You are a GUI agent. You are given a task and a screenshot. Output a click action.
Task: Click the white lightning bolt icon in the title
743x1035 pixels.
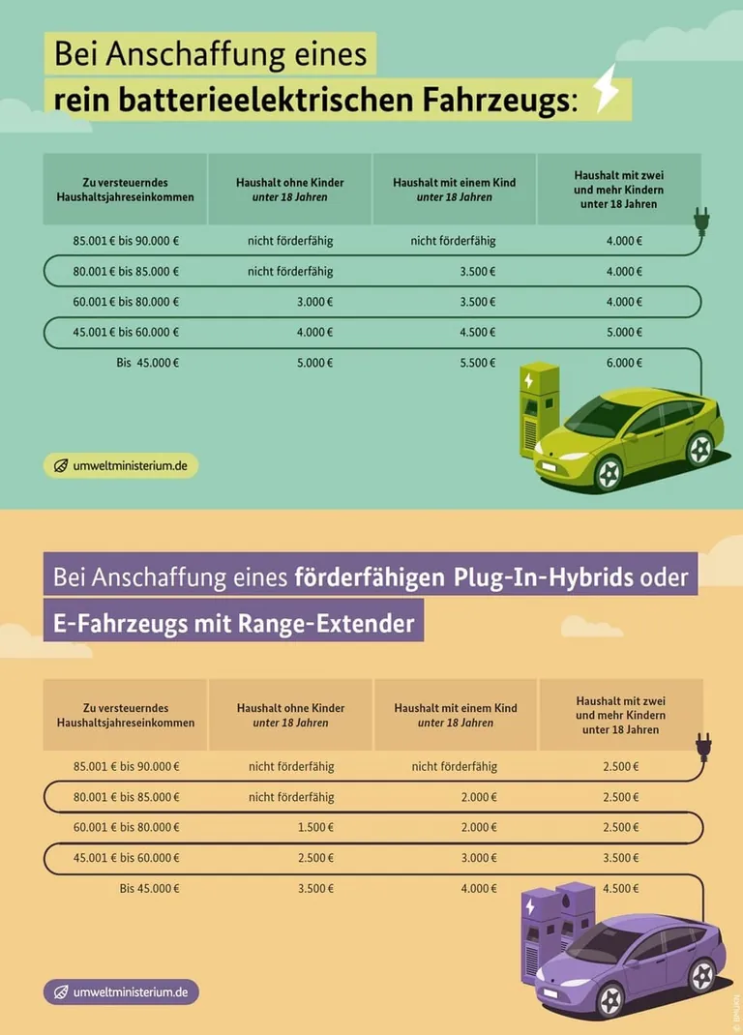click(x=607, y=89)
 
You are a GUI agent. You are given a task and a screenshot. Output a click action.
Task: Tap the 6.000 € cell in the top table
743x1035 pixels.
click(x=624, y=363)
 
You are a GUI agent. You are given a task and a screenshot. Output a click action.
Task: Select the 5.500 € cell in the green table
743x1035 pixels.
click(x=478, y=363)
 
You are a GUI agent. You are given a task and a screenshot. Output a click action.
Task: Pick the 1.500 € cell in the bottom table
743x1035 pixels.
click(x=315, y=827)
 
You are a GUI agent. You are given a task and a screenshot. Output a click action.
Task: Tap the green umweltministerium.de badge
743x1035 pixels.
click(x=121, y=465)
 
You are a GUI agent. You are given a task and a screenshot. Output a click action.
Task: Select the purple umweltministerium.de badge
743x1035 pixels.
click(x=121, y=991)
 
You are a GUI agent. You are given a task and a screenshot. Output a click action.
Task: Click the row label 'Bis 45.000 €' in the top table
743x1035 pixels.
click(x=148, y=363)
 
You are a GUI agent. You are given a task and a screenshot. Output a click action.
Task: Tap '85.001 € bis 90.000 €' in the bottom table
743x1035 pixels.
click(x=126, y=766)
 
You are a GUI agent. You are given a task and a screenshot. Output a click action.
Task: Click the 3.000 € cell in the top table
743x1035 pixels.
click(x=315, y=302)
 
